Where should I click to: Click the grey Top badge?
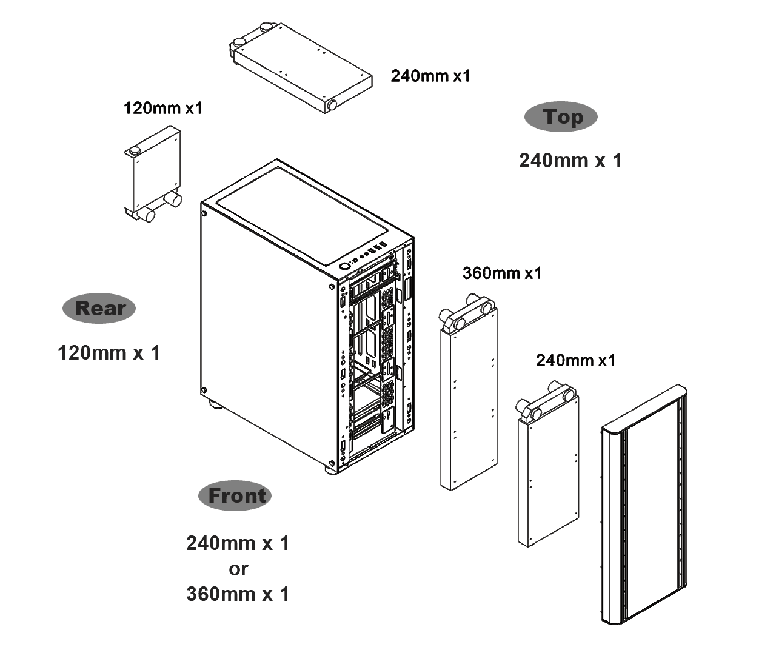pyautogui.click(x=561, y=116)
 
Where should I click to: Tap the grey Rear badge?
pyautogui.click(x=99, y=308)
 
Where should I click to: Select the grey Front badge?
pyautogui.click(x=235, y=495)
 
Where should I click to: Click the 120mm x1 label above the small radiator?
pyautogui.click(x=163, y=108)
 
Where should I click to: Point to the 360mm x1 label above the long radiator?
pyautogui.click(x=502, y=273)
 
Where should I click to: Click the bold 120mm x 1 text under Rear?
pyautogui.click(x=109, y=352)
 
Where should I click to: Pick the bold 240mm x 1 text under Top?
pyautogui.click(x=570, y=161)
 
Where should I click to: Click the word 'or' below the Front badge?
pyautogui.click(x=238, y=569)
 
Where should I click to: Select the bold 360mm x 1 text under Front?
pyautogui.click(x=238, y=594)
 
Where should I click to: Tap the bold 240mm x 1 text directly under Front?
pyautogui.click(x=238, y=543)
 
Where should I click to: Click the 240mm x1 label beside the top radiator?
pyautogui.click(x=430, y=76)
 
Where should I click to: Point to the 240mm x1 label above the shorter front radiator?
pyautogui.click(x=576, y=360)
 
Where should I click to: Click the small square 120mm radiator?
pyautogui.click(x=152, y=174)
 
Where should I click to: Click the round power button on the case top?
pyautogui.click(x=345, y=266)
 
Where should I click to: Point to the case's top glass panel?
pyautogui.click(x=301, y=216)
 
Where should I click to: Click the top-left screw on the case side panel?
pyautogui.click(x=204, y=214)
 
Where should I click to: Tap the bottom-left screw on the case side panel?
pyautogui.click(x=204, y=391)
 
